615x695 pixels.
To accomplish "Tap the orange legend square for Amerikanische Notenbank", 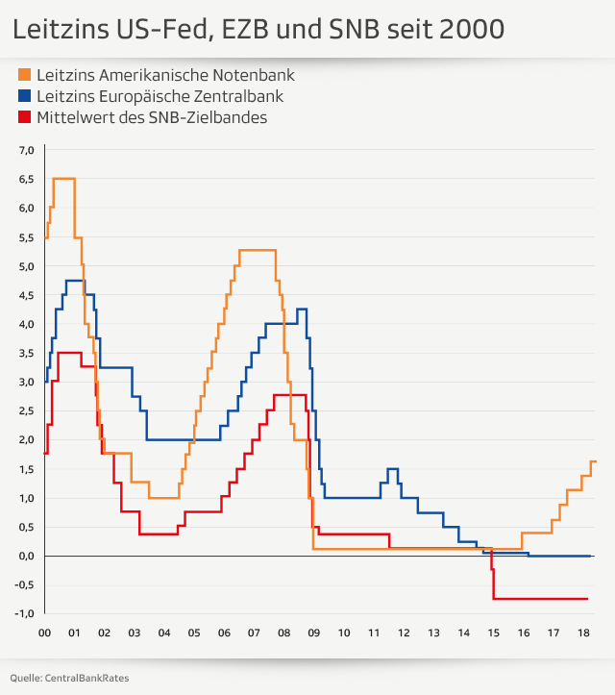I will (24, 75).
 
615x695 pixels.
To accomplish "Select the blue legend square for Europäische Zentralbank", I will (24, 97).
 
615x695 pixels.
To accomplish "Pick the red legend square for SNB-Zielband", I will (24, 118).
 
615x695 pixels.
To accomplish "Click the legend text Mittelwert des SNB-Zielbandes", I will (151, 118).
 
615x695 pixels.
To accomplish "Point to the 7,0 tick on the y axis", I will (26, 150).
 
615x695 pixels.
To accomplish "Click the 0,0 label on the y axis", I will (26, 556).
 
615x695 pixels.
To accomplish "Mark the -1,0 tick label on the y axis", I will (24, 613).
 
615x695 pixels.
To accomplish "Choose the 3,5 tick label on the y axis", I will (26, 353).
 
